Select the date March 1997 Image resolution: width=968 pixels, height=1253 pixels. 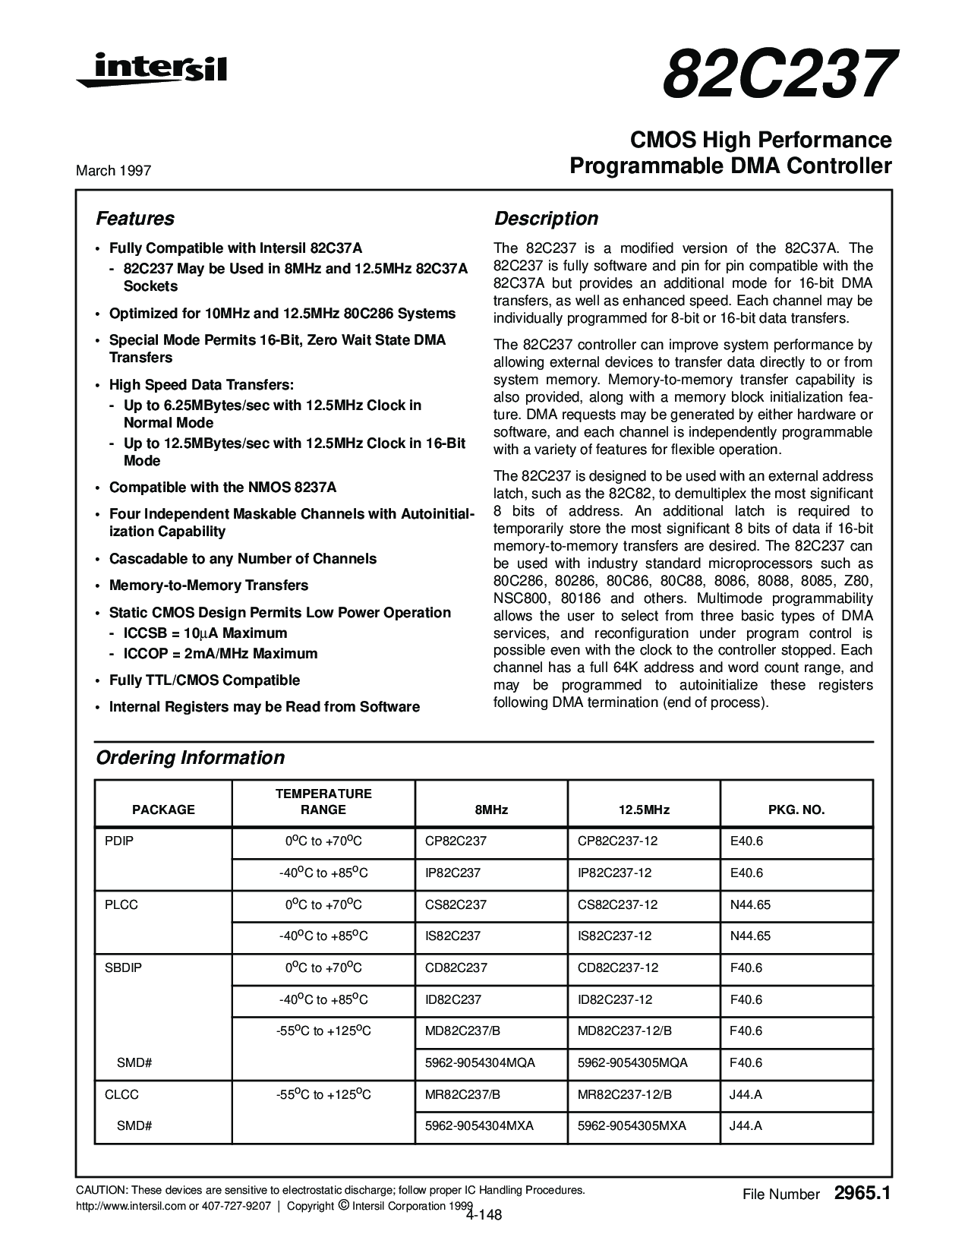(x=113, y=171)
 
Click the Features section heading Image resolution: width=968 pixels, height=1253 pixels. (x=134, y=219)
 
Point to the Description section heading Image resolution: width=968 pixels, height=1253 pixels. (x=546, y=219)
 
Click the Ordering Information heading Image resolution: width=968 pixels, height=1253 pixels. (x=190, y=758)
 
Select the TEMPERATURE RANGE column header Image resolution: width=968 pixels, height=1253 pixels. (x=323, y=802)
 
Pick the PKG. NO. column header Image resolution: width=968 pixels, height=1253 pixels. (x=796, y=810)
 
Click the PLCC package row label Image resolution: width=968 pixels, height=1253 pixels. (x=121, y=905)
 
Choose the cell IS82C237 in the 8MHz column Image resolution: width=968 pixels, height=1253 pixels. (x=453, y=936)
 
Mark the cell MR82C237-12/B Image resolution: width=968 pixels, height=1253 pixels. (x=625, y=1095)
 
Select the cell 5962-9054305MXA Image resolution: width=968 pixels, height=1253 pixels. (x=632, y=1126)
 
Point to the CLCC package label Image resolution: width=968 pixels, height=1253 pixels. (x=121, y=1095)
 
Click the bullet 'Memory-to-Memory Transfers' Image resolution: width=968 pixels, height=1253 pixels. (x=209, y=585)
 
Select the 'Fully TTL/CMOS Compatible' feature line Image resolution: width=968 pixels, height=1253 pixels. (x=204, y=680)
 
